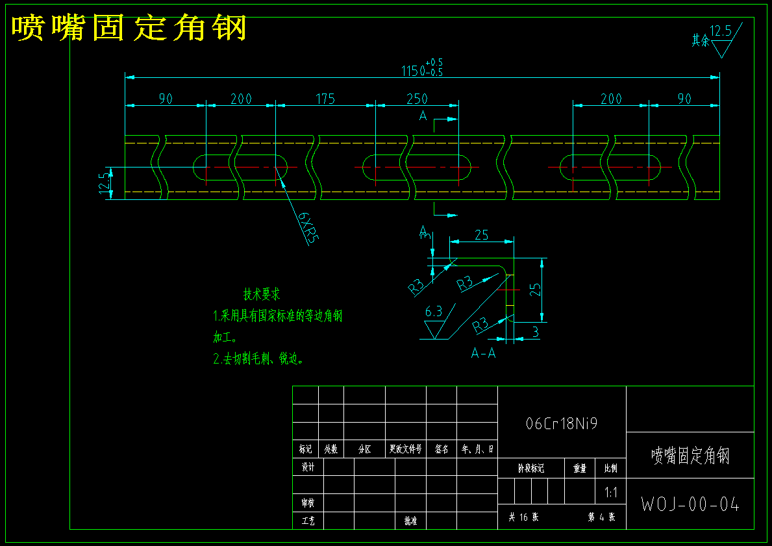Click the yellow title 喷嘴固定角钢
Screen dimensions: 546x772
coord(129,28)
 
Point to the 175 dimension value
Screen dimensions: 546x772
coord(325,99)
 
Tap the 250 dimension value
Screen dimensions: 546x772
coord(417,99)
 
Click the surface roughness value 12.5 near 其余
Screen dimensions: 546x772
coord(720,31)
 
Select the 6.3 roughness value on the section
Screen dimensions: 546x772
coord(433,312)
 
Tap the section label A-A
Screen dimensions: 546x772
coord(483,354)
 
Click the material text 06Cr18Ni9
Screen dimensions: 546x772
coord(562,424)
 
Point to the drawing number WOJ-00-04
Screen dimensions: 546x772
coord(690,504)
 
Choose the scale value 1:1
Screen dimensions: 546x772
coord(610,493)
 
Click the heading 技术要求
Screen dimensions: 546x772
coord(262,294)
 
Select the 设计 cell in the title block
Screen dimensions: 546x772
coord(308,467)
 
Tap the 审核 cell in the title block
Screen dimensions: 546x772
coord(308,503)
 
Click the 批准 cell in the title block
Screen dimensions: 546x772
coord(410,521)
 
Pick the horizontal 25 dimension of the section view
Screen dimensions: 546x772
coord(481,235)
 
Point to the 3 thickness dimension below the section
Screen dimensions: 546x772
coord(535,332)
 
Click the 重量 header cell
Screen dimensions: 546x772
coord(579,467)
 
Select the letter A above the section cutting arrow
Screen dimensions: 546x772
coord(423,116)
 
